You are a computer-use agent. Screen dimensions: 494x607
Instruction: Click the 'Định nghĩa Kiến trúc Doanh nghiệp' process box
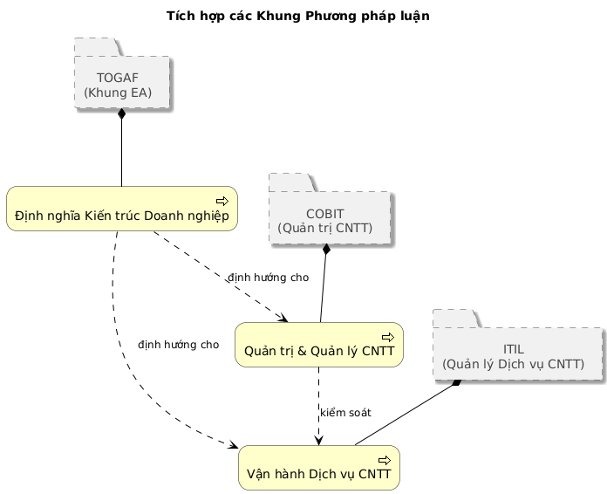[x=122, y=209]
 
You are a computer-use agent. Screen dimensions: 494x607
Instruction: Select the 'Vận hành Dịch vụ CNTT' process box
[x=318, y=468]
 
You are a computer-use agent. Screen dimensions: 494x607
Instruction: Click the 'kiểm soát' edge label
[x=345, y=412]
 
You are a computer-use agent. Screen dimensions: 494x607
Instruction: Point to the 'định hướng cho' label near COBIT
[x=268, y=278]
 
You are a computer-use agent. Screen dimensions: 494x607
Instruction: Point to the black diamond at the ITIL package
[x=455, y=385]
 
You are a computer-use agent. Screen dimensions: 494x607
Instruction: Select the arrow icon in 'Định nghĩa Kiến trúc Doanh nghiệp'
[x=222, y=201]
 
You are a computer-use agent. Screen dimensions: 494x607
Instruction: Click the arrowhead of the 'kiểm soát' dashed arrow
[x=319, y=440]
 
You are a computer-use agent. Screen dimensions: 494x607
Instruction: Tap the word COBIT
[x=324, y=213]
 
